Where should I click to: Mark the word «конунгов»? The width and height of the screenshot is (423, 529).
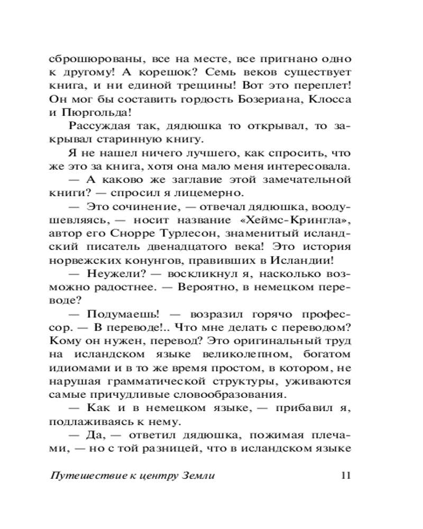coord(138,261)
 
